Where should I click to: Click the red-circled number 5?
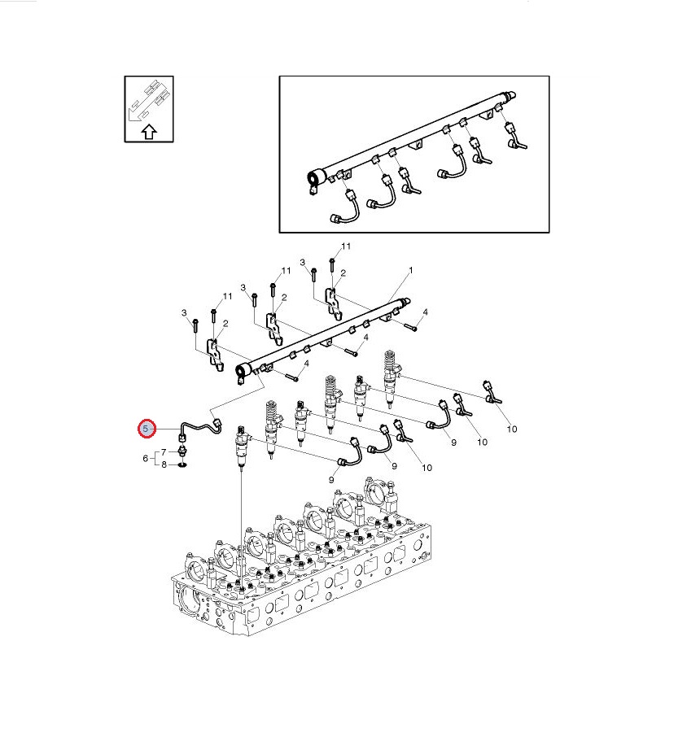pyautogui.click(x=147, y=429)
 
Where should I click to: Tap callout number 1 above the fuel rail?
pyautogui.click(x=410, y=270)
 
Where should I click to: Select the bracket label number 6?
pyautogui.click(x=146, y=458)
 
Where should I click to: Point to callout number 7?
pyautogui.click(x=164, y=452)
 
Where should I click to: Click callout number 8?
pyautogui.click(x=164, y=464)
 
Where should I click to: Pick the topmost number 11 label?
pyautogui.click(x=345, y=246)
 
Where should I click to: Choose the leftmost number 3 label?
pyautogui.click(x=184, y=313)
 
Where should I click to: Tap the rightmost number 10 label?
pyautogui.click(x=511, y=429)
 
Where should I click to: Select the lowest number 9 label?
pyautogui.click(x=331, y=480)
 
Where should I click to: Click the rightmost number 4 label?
pyautogui.click(x=425, y=312)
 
